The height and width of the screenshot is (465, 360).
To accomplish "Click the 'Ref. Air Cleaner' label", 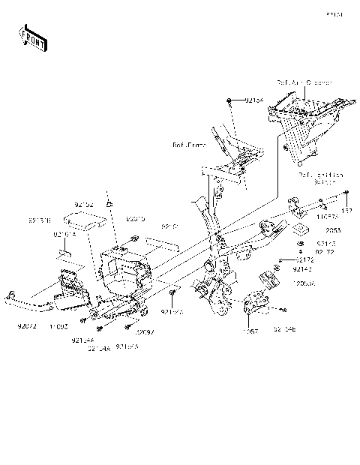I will pos(304,82).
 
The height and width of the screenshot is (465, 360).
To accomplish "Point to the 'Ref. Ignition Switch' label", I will pos(320,178).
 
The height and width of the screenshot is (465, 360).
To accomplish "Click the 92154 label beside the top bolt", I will pos(254,99).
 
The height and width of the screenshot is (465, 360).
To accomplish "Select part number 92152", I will pos(84,203).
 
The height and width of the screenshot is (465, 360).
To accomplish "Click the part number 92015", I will pos(135,220).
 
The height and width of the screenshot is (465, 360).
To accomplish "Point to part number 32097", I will pos(144,330).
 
